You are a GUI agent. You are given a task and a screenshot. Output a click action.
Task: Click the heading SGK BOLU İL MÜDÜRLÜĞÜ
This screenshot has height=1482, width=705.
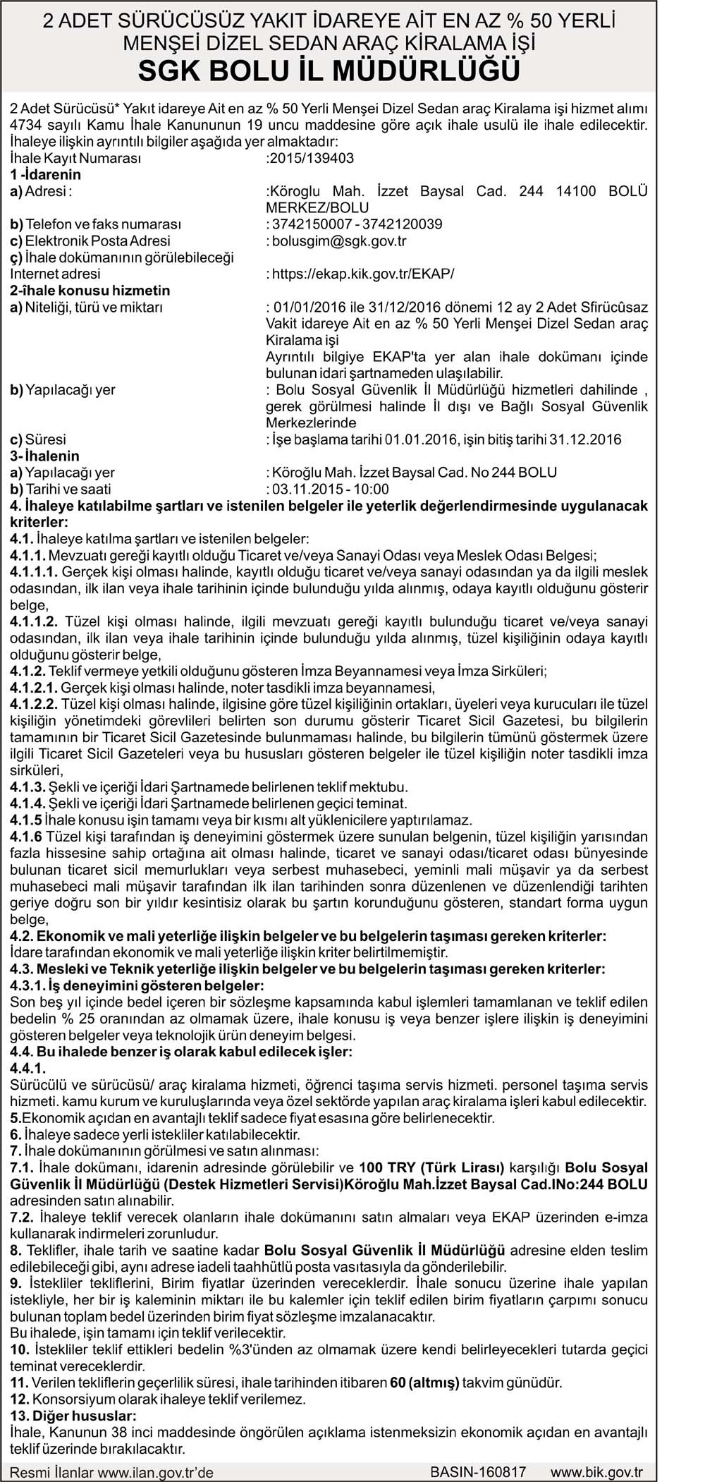(329, 70)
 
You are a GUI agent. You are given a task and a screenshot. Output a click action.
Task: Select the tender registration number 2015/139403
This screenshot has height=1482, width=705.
(311, 158)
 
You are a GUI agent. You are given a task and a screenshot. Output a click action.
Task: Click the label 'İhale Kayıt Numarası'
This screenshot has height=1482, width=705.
(76, 158)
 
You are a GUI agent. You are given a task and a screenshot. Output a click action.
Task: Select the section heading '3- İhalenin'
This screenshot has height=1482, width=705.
(44, 456)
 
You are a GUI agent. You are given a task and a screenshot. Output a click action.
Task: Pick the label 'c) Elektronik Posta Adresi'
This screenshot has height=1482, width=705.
(90, 241)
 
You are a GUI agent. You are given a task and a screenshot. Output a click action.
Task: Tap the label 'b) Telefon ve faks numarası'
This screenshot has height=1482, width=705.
(95, 224)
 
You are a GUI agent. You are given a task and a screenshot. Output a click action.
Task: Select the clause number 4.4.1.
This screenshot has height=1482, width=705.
(26, 1068)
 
